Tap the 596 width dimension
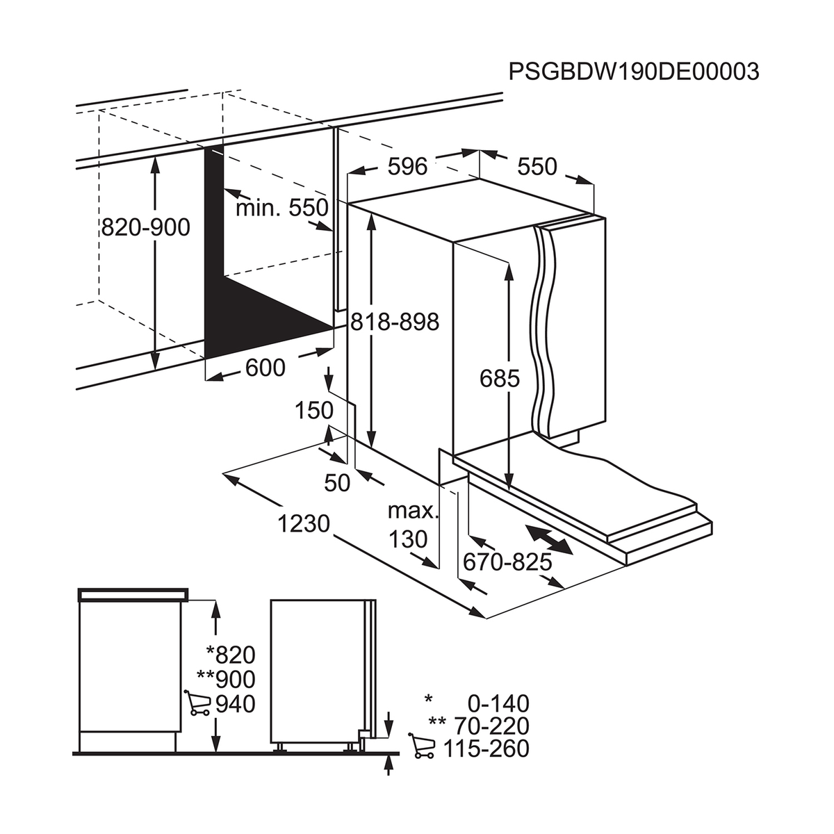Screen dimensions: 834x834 pos(407,167)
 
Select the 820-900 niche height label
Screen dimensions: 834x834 pos(145,227)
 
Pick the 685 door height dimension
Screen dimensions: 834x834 pos(500,378)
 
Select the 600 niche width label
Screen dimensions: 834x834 pos(265,368)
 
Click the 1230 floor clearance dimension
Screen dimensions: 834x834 pos(304,523)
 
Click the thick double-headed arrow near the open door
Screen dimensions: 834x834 pos(549,540)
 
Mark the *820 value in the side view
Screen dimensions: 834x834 pos(231,654)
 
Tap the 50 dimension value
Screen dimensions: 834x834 pos(338,482)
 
